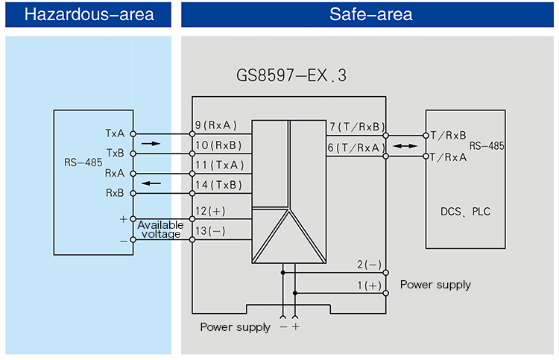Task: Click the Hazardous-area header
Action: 89,14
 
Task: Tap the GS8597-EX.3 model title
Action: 291,76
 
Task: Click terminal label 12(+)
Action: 211,211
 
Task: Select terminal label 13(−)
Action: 211,231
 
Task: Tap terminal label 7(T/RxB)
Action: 356,127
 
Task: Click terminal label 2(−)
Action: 368,265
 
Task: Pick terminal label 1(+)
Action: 368,285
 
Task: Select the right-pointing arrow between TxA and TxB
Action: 150,143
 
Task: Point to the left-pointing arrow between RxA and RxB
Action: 150,183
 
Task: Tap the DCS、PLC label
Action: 466,212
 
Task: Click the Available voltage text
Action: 160,230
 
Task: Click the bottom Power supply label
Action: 235,327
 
